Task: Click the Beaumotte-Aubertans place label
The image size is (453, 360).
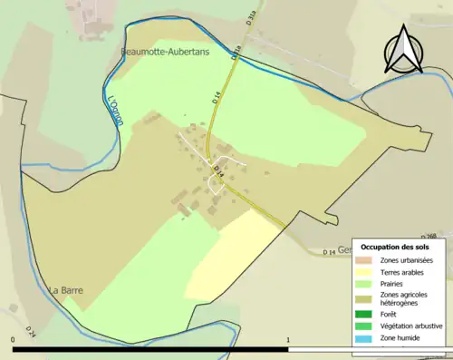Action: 165,53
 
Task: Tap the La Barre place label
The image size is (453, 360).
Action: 67,290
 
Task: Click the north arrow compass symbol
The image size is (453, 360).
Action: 401,50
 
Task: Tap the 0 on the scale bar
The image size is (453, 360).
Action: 14,341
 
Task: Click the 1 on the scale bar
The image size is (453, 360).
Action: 288,341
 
